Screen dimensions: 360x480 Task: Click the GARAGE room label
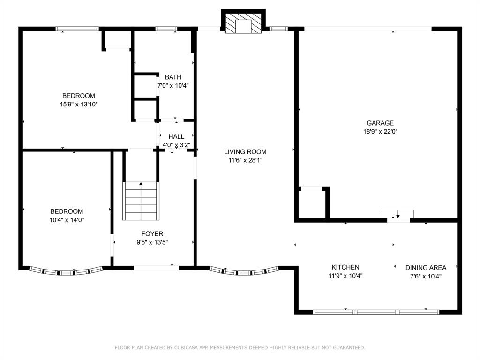pos(380,123)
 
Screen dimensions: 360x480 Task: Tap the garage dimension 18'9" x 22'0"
pos(380,132)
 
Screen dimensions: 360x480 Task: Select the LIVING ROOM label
pos(245,151)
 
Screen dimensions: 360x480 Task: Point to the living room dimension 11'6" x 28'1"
pos(245,160)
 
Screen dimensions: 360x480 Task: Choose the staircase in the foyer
pos(141,201)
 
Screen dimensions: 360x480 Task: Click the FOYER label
pos(152,233)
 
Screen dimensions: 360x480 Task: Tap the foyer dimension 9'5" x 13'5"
pos(152,242)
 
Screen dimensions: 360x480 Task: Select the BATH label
pos(173,77)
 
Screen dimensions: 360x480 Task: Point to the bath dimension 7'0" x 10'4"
pos(173,85)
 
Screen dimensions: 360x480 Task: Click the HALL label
pos(176,136)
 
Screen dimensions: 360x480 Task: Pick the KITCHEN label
pos(345,267)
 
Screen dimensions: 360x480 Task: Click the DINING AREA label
pos(426,268)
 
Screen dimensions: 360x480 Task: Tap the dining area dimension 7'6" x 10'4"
pos(426,276)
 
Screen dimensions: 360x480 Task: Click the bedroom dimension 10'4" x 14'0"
pos(67,220)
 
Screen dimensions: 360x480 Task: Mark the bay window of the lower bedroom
pos(66,271)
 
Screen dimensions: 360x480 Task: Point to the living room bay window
pos(244,271)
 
